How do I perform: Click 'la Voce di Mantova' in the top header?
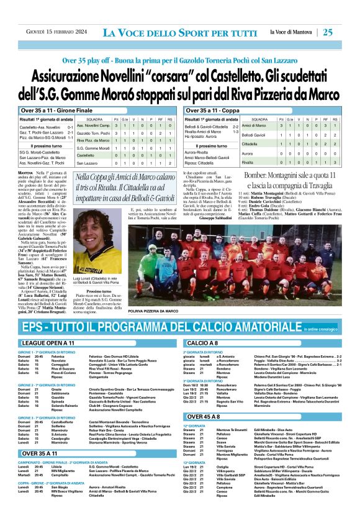pyautogui.click(x=292, y=32)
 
